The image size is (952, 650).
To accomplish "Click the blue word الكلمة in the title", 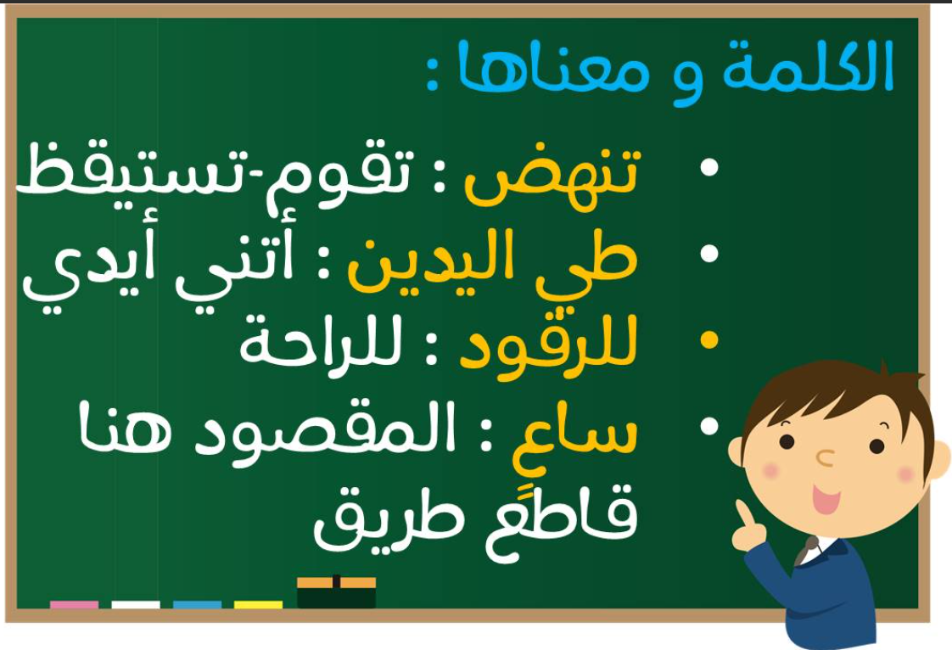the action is point(808,67).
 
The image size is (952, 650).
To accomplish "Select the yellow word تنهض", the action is point(552,177).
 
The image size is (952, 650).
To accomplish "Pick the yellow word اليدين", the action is point(430,261).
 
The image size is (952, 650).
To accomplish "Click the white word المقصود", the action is point(328,431).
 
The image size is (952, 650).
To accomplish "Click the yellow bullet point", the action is point(709,340).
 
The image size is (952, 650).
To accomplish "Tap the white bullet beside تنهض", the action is point(709,167).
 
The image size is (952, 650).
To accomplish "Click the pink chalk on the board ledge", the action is point(74,604).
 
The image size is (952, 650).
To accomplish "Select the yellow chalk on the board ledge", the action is point(258,604).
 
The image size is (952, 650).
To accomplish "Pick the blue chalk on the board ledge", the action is point(197,604).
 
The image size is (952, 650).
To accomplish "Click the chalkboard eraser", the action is point(336,591).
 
